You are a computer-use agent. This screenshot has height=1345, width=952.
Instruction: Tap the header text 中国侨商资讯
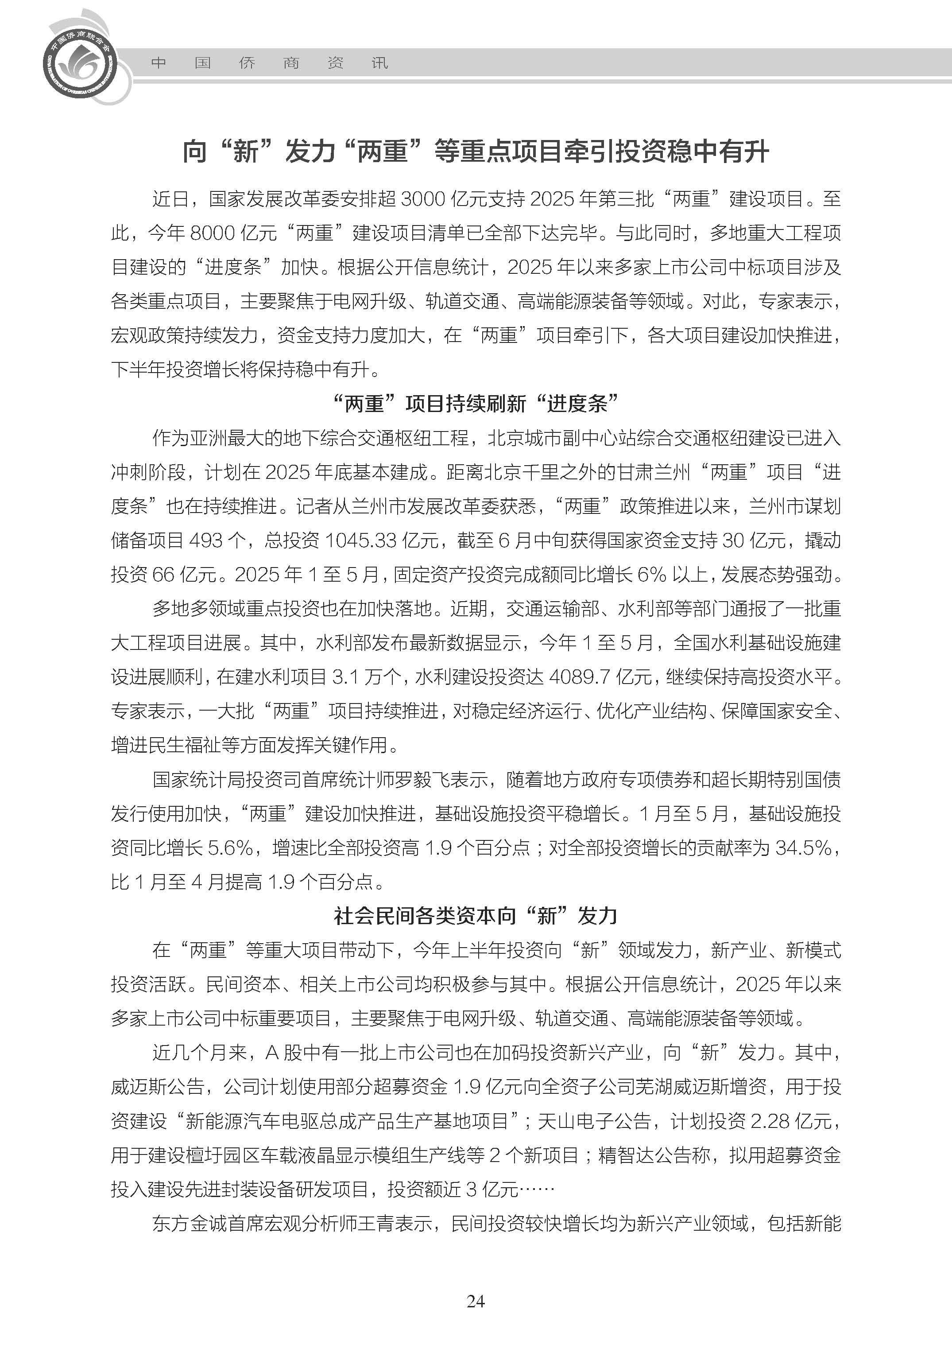coord(269,63)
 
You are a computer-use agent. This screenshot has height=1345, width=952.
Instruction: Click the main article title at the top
coord(476,152)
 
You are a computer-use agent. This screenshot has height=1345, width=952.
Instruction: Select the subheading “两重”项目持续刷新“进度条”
coord(476,404)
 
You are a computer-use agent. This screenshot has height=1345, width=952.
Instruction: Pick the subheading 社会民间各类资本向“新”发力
coord(476,916)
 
